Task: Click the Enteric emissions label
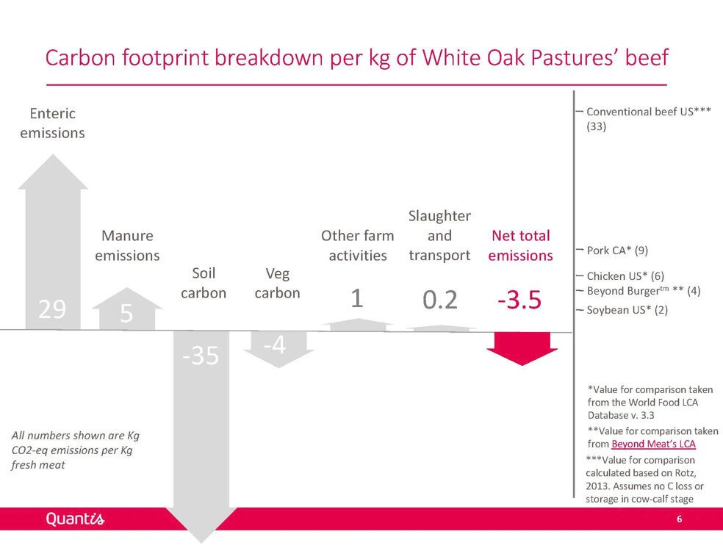point(53,123)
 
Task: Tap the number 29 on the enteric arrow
point(52,309)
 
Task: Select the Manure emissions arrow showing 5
point(127,309)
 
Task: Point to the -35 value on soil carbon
point(201,356)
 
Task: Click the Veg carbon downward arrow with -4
point(278,349)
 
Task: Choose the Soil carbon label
point(204,283)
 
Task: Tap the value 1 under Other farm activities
point(357,298)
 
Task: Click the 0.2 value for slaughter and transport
point(440,300)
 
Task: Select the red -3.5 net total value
point(519,300)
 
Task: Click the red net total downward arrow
point(522,348)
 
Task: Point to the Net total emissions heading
point(521,245)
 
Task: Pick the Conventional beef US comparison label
point(648,119)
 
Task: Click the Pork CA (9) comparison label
point(617,251)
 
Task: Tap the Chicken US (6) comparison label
point(625,276)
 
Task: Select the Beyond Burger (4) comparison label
point(643,291)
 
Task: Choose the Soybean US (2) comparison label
point(627,310)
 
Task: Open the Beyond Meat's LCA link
point(653,444)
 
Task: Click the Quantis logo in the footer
point(75,519)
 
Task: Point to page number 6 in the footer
point(679,519)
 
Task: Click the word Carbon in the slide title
point(80,57)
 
